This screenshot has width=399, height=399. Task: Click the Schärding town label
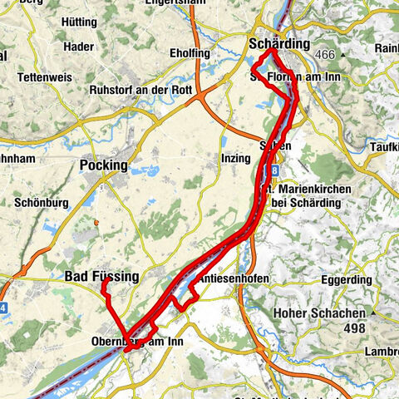[279, 43]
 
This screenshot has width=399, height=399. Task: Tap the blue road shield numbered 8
[273, 170]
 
